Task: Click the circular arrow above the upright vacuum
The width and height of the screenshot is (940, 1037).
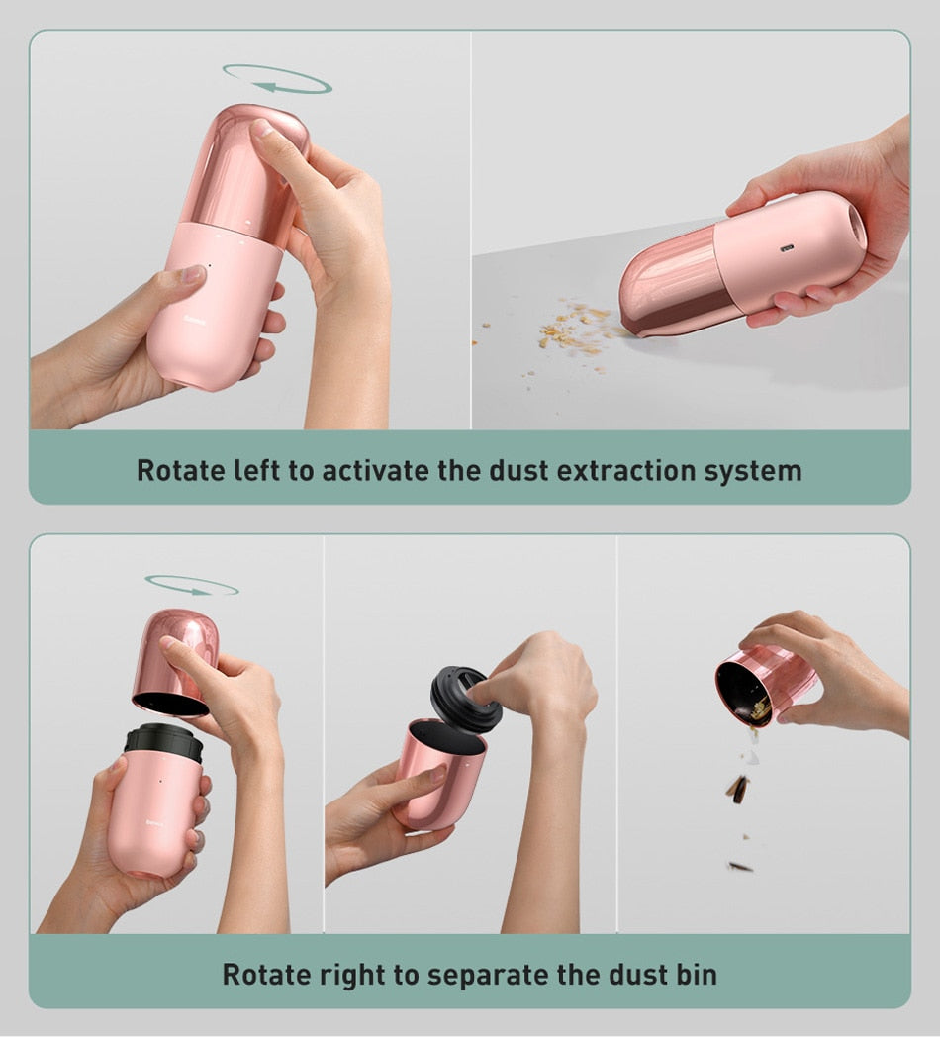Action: pos(277,79)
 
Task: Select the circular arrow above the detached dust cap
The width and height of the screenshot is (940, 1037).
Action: pos(192,586)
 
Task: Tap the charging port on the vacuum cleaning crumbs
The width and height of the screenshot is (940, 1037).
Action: pos(787,249)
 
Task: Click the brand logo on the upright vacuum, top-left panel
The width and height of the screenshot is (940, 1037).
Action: pos(196,320)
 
